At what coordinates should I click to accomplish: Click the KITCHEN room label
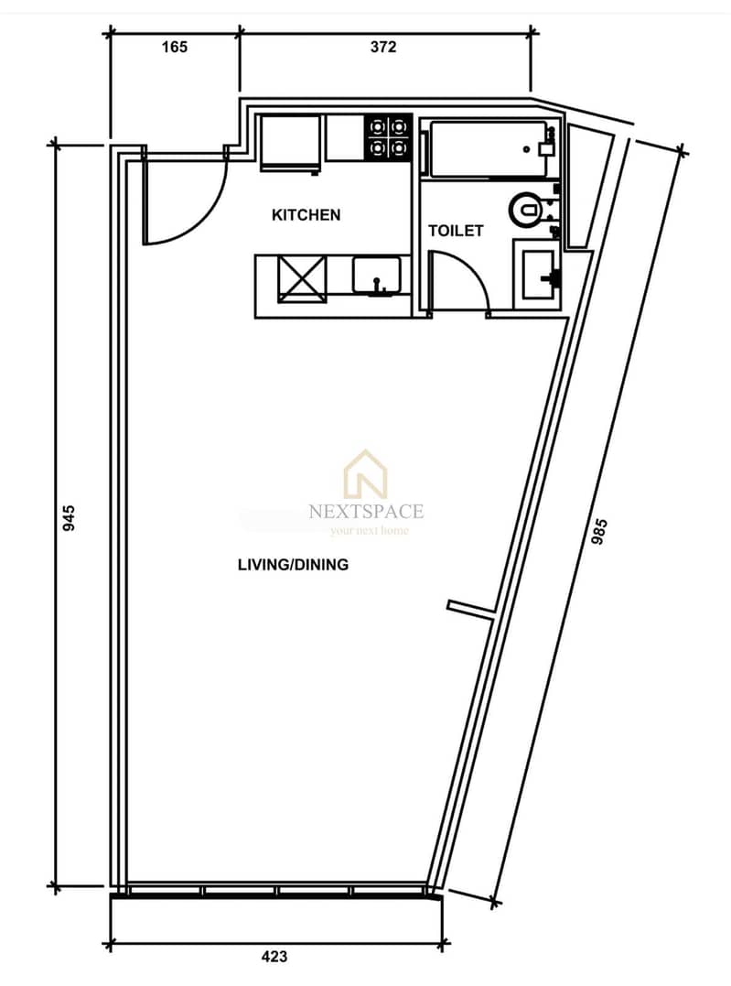coord(306,215)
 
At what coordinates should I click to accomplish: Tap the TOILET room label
coord(456,231)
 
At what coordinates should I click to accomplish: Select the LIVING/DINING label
coord(293,565)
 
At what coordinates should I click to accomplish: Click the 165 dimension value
coord(174,48)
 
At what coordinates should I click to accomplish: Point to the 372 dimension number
coord(383,48)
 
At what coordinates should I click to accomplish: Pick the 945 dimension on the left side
coord(70,517)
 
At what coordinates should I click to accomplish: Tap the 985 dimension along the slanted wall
coord(599,531)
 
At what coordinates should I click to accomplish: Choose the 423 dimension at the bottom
coord(274,957)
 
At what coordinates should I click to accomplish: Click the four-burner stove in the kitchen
coord(388,137)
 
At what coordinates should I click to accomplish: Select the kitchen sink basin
coord(376,276)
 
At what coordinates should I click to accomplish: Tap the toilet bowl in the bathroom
coord(528,210)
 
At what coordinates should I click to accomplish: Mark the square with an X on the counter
coord(302,278)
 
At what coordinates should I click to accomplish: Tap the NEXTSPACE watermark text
coord(367,511)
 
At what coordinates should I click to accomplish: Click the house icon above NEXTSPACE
coord(365,473)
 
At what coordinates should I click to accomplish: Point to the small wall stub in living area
coord(471,608)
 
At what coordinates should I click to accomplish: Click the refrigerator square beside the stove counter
coord(290,143)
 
